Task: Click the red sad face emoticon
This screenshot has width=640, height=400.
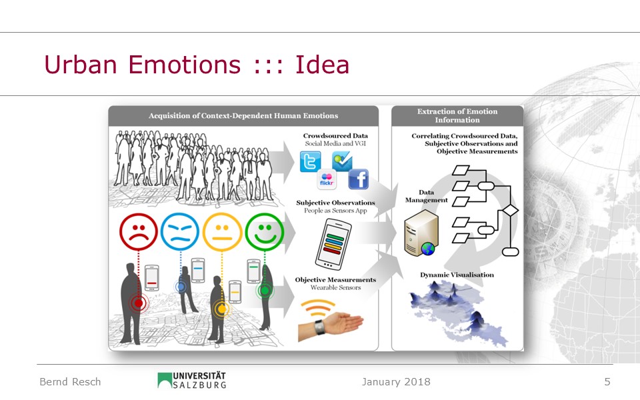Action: pos(139,231)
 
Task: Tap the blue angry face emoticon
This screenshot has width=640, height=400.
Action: pos(180,231)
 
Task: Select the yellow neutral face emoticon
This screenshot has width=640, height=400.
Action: pos(222,231)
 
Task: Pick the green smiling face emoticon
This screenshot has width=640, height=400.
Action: pos(265,231)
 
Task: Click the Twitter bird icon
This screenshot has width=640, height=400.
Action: pos(310,161)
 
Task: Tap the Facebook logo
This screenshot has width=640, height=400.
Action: pos(359,179)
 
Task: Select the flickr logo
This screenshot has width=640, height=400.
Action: pos(327,179)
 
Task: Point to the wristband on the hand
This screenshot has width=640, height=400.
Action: pos(319,327)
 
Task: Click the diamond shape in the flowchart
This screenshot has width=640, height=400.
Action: pos(510,210)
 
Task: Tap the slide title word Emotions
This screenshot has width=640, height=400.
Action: pos(185,65)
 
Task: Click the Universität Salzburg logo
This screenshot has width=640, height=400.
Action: pos(192,380)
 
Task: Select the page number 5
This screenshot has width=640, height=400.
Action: pos(607,381)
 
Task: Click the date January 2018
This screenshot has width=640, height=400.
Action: pos(396,381)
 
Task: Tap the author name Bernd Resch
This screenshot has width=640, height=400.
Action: pos(70,381)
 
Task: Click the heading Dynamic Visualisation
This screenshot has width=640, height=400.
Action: pos(457,275)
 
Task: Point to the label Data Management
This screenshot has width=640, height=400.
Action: pos(427,196)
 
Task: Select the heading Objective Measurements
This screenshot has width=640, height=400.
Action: pos(335,279)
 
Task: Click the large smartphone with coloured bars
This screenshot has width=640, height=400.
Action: pos(333,244)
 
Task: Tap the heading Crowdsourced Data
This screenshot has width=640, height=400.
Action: pos(335,135)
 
